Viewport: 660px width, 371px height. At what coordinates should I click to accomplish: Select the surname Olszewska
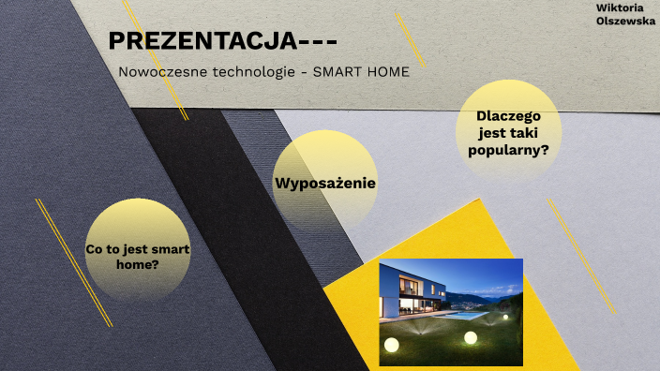[x=625, y=21]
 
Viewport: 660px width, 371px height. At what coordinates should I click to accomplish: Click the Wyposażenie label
[x=325, y=183]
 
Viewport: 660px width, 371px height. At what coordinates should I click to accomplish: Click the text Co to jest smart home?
[x=137, y=257]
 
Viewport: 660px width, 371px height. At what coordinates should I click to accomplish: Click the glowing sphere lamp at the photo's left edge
[x=391, y=346]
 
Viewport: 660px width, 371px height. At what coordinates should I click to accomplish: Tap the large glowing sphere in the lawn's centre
[x=471, y=337]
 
